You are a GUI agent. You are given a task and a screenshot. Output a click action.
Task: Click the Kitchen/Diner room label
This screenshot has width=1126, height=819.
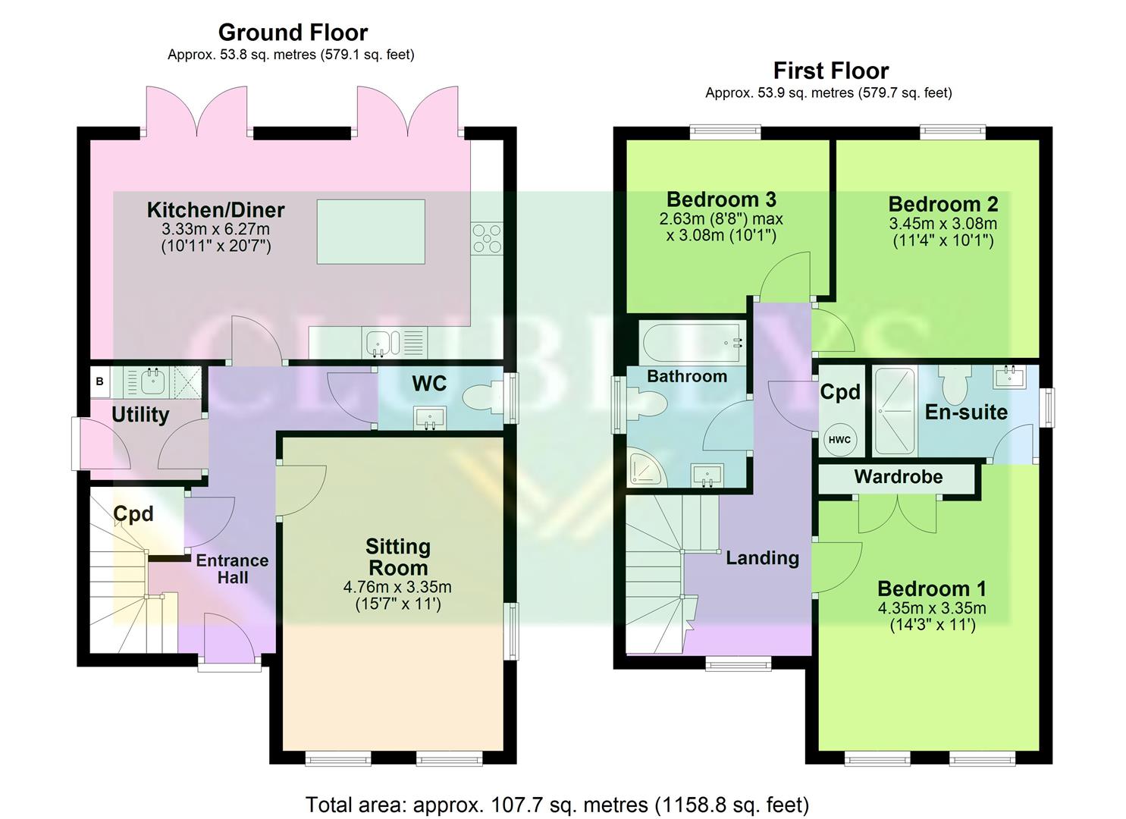click(215, 210)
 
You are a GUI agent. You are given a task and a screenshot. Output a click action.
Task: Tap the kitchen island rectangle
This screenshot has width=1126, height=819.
click(371, 231)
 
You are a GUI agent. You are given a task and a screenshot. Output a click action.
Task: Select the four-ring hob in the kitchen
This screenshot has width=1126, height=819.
click(486, 237)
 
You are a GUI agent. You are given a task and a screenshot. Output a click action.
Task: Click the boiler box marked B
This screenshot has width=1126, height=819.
click(99, 382)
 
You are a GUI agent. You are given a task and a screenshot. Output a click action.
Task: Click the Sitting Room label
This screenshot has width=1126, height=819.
click(397, 557)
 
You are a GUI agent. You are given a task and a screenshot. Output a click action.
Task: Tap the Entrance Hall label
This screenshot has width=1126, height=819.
click(232, 569)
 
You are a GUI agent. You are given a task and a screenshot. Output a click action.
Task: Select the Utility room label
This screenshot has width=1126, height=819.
click(140, 415)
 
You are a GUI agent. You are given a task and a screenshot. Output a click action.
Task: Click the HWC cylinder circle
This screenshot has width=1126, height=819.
click(839, 440)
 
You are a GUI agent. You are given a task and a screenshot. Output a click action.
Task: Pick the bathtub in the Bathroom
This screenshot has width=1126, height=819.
click(691, 343)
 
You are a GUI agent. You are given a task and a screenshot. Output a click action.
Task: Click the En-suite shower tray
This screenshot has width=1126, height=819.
click(894, 411)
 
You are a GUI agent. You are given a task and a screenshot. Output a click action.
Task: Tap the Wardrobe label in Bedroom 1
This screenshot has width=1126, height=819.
click(898, 477)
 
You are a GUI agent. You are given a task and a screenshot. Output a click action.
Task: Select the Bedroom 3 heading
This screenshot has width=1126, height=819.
click(721, 199)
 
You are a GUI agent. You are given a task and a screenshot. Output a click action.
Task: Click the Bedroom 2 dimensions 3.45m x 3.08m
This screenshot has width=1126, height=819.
click(943, 224)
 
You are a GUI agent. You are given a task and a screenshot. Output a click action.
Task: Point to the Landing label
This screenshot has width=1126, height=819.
click(762, 558)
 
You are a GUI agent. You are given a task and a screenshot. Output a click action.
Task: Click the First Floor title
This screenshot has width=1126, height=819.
click(830, 71)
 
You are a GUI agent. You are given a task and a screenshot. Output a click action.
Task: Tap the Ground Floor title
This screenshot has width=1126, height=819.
click(293, 33)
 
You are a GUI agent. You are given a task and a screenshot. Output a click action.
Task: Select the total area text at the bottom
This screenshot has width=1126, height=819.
click(557, 805)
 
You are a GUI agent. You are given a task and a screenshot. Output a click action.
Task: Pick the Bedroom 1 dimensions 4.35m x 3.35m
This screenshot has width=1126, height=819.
click(932, 608)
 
